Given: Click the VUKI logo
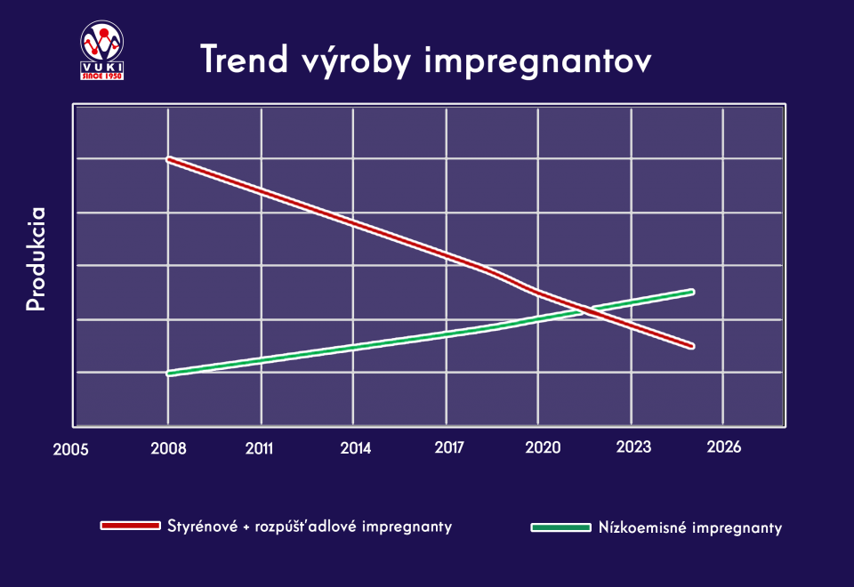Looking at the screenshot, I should click(x=101, y=51).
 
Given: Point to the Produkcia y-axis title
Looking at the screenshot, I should click(x=36, y=259).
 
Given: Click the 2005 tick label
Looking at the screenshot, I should click(x=70, y=449).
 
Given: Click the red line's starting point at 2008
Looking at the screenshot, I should click(x=168, y=159).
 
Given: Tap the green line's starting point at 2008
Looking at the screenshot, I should click(x=168, y=374).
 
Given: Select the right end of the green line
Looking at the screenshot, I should click(x=692, y=291).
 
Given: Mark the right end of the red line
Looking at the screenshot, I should click(x=692, y=345).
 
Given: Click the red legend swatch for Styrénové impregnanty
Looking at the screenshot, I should click(x=130, y=526).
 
